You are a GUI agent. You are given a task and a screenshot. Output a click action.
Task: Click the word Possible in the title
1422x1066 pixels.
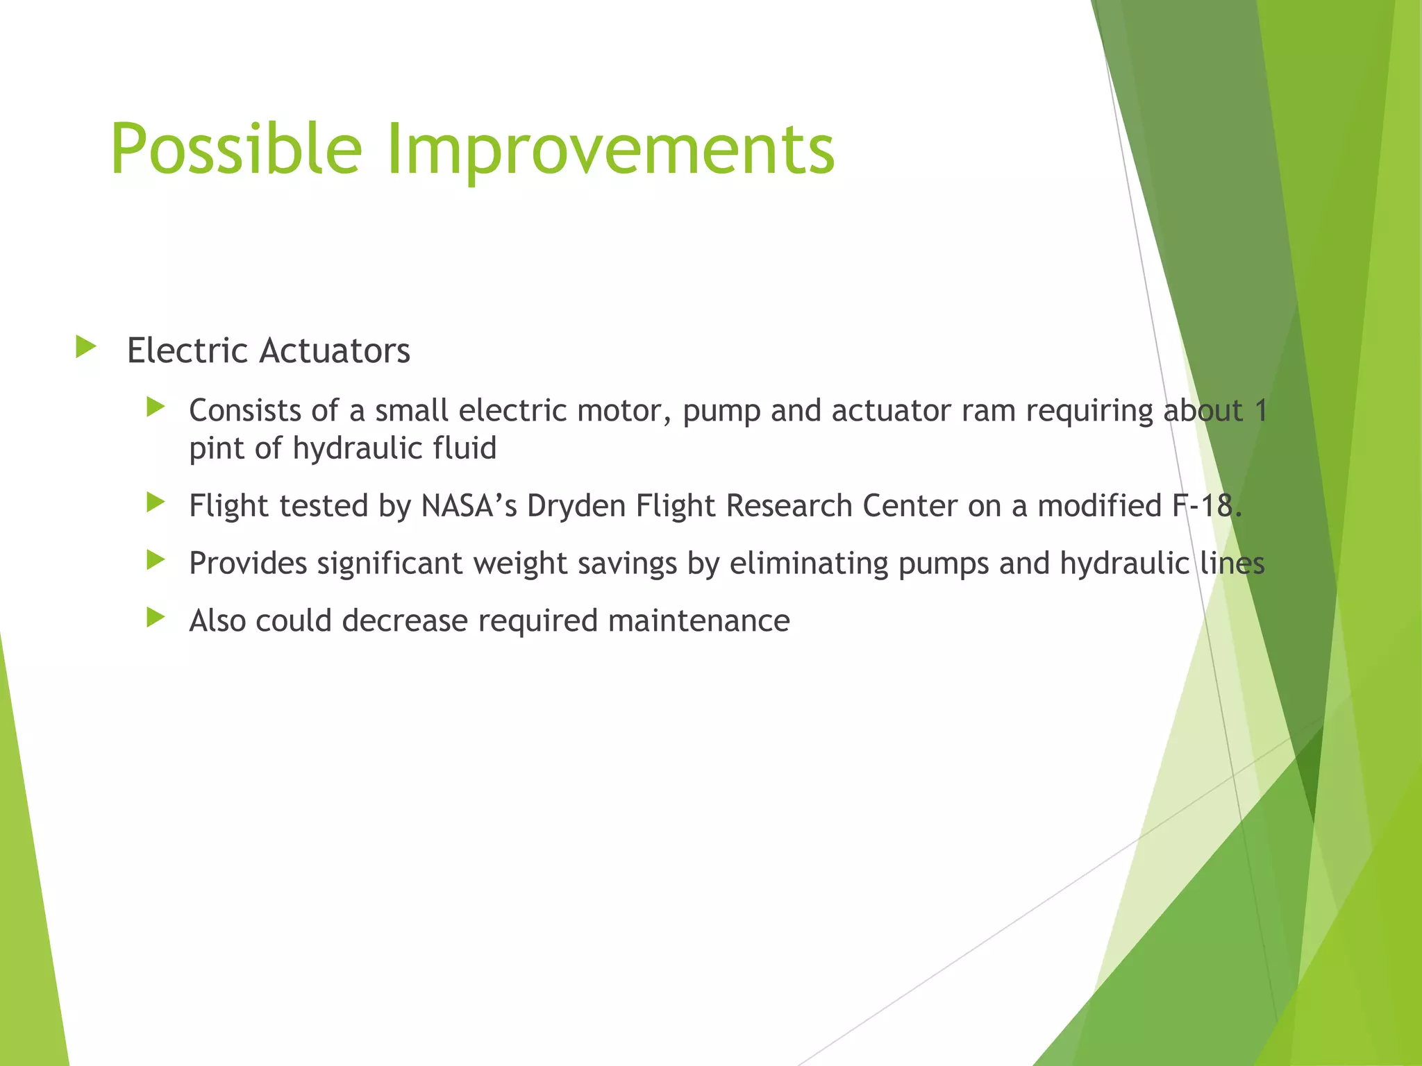[236, 150]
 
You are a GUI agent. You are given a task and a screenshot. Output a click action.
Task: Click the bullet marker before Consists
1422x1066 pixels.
[156, 407]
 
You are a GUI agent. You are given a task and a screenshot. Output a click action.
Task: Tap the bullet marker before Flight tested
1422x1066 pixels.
[156, 502]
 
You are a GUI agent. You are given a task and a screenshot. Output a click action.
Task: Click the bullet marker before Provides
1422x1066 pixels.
[156, 559]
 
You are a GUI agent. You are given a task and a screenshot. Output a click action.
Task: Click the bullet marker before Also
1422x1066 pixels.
[156, 617]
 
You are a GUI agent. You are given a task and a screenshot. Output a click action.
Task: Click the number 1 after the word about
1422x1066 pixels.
[1261, 411]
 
